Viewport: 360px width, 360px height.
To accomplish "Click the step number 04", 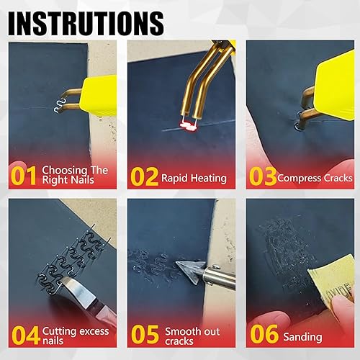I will point(24,336).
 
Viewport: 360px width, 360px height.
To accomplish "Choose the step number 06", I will point(262,336).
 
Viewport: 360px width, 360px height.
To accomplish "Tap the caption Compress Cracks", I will point(315,178).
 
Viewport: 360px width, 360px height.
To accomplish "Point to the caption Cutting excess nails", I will point(76,336).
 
